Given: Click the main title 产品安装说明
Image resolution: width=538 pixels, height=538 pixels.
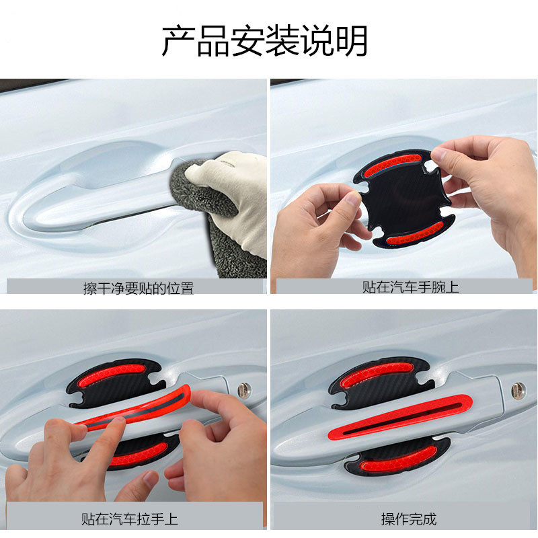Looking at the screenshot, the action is (x=264, y=41).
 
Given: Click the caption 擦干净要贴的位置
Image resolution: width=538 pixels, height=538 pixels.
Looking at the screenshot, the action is (x=139, y=289).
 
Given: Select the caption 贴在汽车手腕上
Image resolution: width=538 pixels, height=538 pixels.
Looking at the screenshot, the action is (x=410, y=287).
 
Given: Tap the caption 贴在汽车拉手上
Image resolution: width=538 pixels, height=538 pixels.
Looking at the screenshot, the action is (x=129, y=519).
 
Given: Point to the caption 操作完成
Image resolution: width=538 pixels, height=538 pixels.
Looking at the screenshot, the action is (x=409, y=519).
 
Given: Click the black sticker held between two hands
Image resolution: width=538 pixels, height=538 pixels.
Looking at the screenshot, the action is (x=405, y=198).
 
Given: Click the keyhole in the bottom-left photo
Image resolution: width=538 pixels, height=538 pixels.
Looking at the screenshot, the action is (x=244, y=390).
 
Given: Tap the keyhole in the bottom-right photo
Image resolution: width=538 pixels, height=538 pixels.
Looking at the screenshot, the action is (x=518, y=391).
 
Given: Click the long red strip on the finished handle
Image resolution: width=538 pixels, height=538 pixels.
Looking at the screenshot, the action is (x=399, y=417).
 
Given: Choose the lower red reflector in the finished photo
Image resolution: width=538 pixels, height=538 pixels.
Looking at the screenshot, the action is (x=398, y=462).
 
